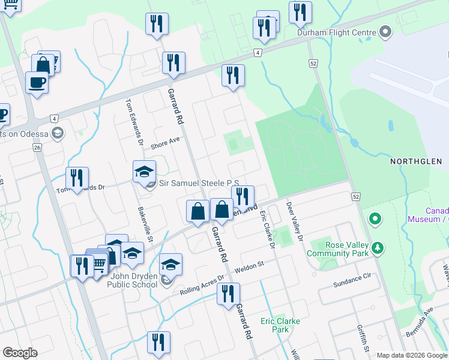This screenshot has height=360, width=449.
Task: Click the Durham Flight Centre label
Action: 337,32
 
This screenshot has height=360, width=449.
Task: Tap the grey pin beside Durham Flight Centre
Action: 386,32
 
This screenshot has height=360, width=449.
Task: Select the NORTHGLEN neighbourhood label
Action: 416,161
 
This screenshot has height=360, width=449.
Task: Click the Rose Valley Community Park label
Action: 337,249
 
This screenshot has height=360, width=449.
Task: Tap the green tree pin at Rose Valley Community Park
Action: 378,247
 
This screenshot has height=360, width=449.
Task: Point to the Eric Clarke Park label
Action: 280,325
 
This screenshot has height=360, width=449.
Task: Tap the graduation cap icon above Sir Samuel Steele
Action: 144,172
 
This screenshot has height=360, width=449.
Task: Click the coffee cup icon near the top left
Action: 37,82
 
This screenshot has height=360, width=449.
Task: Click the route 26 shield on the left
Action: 37,148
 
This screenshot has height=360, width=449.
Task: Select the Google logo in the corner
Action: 20,353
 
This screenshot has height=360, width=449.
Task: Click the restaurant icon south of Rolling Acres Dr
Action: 228,294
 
